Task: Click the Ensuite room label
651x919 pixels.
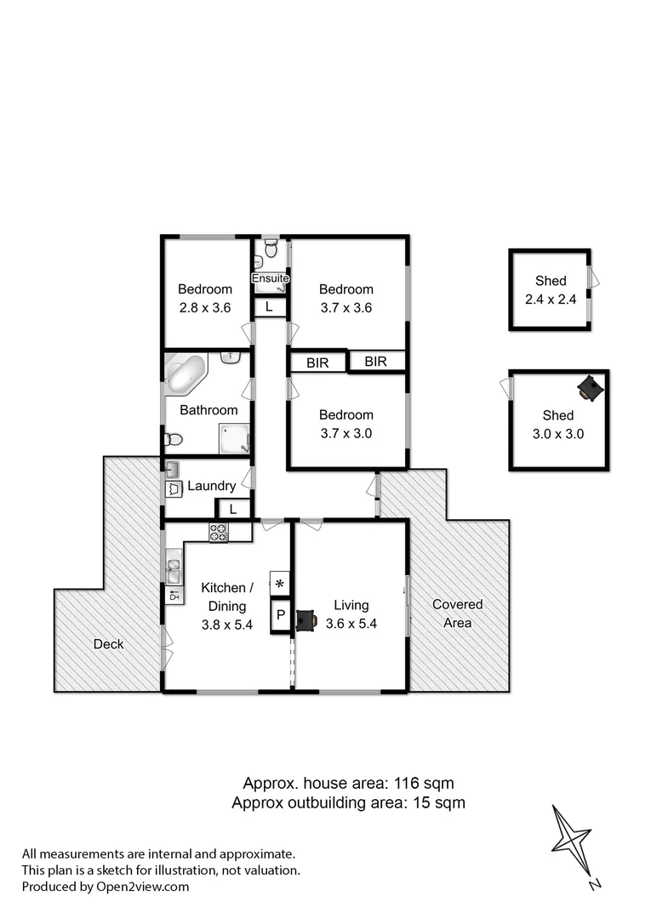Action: pos(271,278)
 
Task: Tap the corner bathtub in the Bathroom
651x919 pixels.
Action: pos(186,374)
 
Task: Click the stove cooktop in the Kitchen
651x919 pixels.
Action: pos(219,533)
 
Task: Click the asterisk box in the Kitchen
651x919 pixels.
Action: pos(279,584)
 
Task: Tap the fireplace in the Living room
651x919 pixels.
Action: pos(305,619)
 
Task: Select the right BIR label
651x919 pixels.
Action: pos(375,362)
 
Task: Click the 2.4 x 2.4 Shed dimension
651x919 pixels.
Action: pos(550,299)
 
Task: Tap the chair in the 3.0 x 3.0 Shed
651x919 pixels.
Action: pos(589,388)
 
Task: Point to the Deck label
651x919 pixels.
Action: pos(108,644)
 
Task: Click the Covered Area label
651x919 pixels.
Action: pos(457,614)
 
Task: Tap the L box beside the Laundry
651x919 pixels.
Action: pos(232,509)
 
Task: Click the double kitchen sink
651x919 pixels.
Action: pos(174,563)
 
